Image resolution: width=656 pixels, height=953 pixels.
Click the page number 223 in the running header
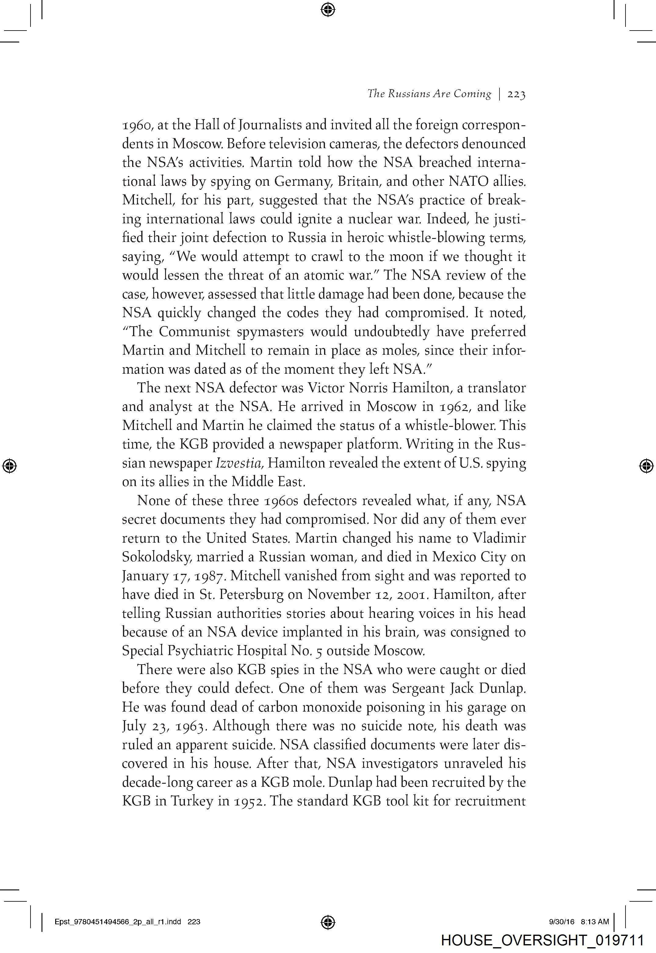pos(516,95)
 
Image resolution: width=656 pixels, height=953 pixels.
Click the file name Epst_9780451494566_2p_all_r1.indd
pos(117,922)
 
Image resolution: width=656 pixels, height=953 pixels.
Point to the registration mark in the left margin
pos(9,466)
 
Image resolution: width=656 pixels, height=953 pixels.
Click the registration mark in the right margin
pos(646,466)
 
